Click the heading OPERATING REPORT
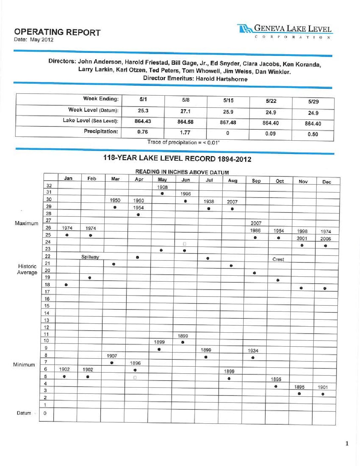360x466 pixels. point(57,32)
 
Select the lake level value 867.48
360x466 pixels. point(228,122)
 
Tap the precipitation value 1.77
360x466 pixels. point(185,132)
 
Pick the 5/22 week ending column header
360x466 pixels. point(271,101)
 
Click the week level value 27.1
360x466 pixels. point(185,111)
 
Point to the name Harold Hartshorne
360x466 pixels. point(221,79)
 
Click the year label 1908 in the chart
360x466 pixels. point(162,187)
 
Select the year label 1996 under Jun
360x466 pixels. point(186,194)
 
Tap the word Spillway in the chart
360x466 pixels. point(90,257)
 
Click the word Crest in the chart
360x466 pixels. point(278,259)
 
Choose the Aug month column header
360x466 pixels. point(233,180)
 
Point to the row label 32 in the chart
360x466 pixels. point(49,186)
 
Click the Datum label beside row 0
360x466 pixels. point(24,413)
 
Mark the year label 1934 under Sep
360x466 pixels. point(253,350)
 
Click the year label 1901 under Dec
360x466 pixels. point(323,387)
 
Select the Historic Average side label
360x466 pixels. point(27,269)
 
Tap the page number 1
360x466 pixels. point(347,443)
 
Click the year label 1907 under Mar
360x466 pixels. point(112,356)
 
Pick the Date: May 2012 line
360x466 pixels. point(33,40)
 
